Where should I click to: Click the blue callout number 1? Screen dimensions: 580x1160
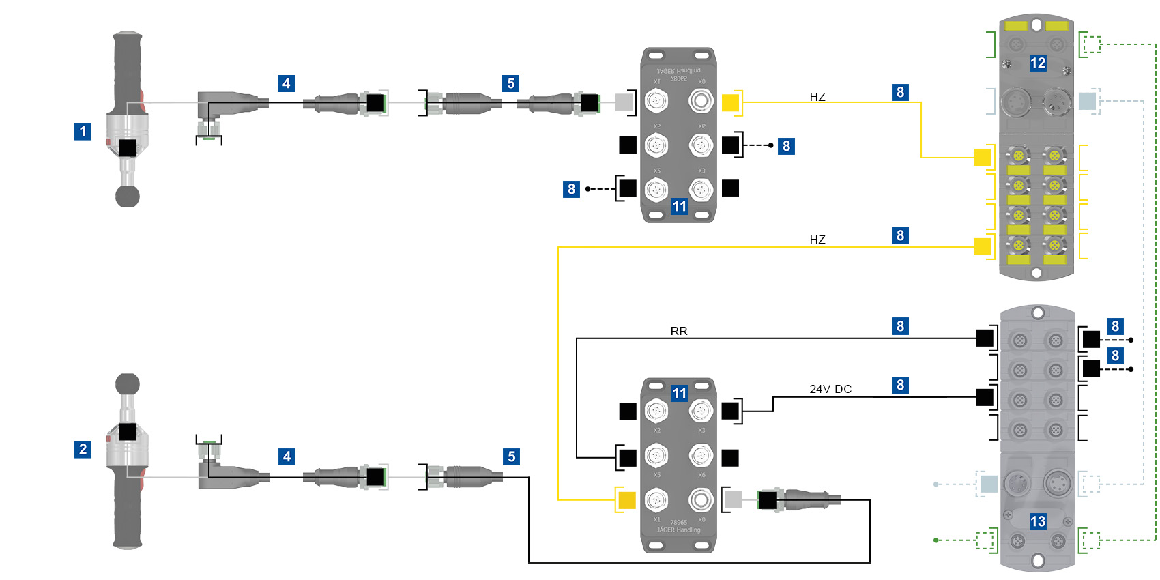point(83,131)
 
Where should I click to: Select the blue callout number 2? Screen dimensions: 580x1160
point(83,449)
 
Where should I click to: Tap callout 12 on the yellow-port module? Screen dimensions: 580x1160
point(1037,63)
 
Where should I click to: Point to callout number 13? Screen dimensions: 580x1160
point(1037,522)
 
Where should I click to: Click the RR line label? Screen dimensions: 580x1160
point(679,331)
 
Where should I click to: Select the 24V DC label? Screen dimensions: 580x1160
point(830,389)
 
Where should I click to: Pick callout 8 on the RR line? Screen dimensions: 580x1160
point(900,326)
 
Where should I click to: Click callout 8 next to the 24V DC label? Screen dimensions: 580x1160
point(900,385)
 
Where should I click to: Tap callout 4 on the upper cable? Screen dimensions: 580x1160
point(287,83)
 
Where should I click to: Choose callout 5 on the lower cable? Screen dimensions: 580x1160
point(511,456)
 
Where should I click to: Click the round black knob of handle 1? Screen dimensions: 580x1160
point(128,197)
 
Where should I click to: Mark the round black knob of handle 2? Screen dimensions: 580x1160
point(128,384)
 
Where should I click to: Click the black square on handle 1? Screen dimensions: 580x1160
point(128,147)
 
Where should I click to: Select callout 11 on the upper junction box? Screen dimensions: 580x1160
point(679,206)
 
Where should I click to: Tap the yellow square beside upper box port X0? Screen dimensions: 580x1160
point(730,103)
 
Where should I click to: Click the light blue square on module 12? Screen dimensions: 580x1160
point(1087,102)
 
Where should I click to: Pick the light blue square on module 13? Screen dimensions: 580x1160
point(989,484)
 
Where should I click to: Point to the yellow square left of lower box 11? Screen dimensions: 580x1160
point(626,500)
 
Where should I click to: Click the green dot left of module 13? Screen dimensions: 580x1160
point(936,540)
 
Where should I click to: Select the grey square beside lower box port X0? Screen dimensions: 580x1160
point(734,500)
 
